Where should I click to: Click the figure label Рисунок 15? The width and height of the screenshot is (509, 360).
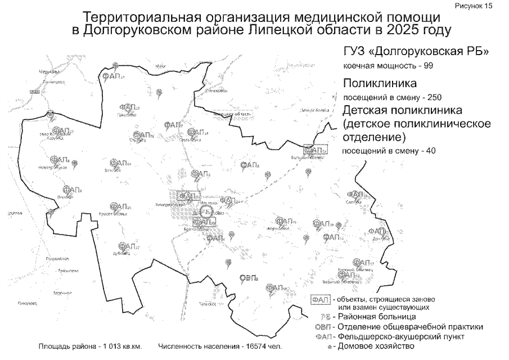click(x=484, y=6)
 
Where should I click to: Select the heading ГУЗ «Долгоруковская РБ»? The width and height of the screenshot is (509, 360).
click(x=416, y=52)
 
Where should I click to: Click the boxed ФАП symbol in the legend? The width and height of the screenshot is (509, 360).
click(x=320, y=299)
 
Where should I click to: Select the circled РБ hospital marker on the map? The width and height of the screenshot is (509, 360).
click(x=207, y=211)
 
